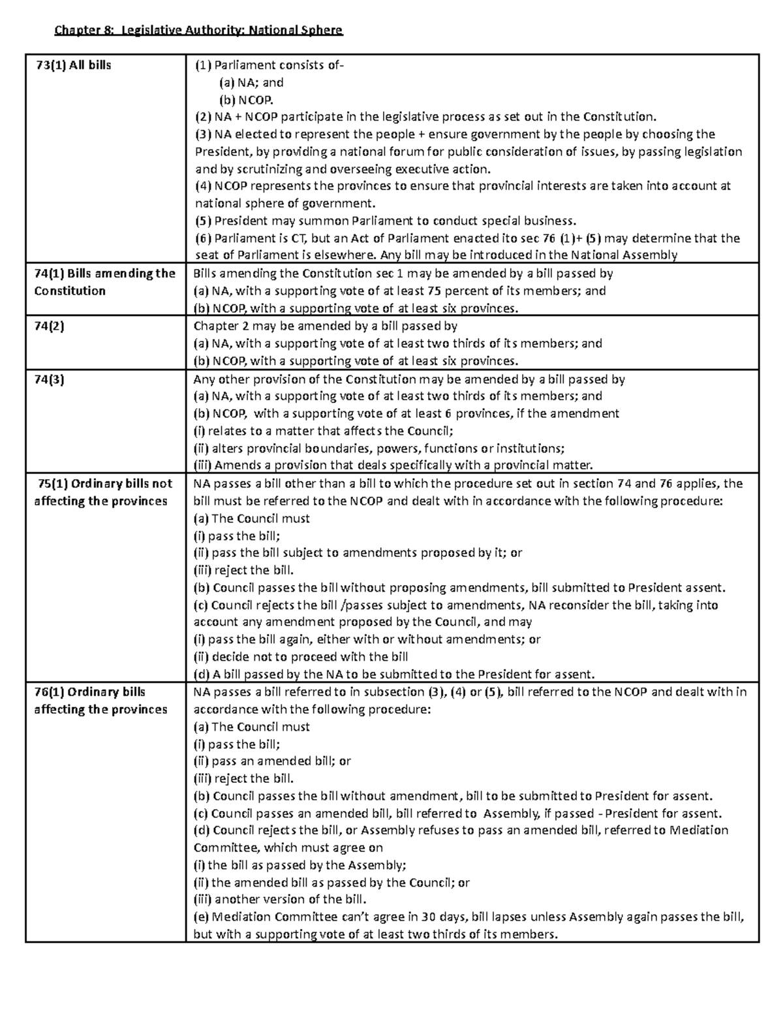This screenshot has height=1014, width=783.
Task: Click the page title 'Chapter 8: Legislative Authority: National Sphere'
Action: tap(198, 30)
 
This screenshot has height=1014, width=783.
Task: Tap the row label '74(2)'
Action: tap(50, 326)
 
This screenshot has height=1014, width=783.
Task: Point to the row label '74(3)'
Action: tap(50, 379)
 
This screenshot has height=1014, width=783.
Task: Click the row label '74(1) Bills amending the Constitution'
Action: tap(104, 282)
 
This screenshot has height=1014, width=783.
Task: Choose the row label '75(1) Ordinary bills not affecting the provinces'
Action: tap(102, 492)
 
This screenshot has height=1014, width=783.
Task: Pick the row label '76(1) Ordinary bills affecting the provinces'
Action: tap(100, 701)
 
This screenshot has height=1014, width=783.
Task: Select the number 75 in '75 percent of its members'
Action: tap(434, 291)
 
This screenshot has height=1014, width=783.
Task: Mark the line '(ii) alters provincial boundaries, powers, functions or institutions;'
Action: tap(379, 449)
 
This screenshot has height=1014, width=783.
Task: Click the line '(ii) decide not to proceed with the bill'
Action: tap(301, 657)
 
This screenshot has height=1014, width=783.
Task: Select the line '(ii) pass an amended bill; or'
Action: tap(272, 761)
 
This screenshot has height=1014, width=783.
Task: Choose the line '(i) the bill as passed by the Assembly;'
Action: tap(300, 865)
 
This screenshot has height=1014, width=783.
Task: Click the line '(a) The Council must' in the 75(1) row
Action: tap(252, 518)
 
